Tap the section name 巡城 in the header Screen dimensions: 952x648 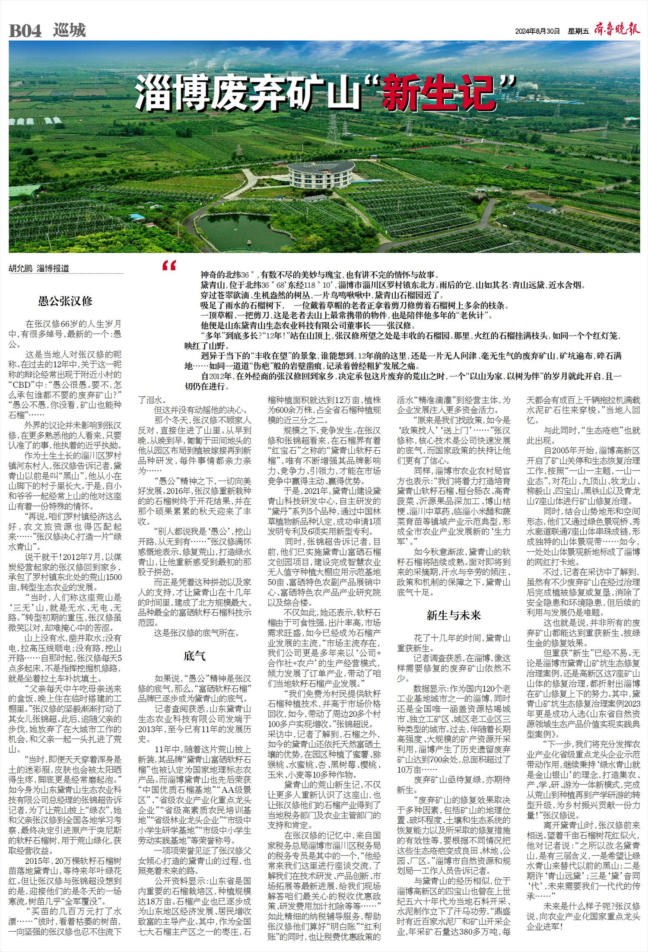70,31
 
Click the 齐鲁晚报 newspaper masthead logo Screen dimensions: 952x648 617,29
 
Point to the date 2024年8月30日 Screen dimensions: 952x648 537,31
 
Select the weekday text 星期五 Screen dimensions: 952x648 578,31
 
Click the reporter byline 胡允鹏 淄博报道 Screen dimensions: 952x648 39,268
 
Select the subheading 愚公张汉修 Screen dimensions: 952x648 65,301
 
